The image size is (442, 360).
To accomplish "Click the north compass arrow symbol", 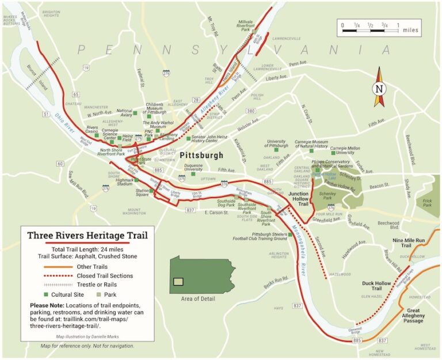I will coord(378,87).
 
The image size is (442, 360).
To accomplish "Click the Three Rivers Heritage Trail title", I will coord(87,235).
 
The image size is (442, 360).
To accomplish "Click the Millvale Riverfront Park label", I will coord(250,25).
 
